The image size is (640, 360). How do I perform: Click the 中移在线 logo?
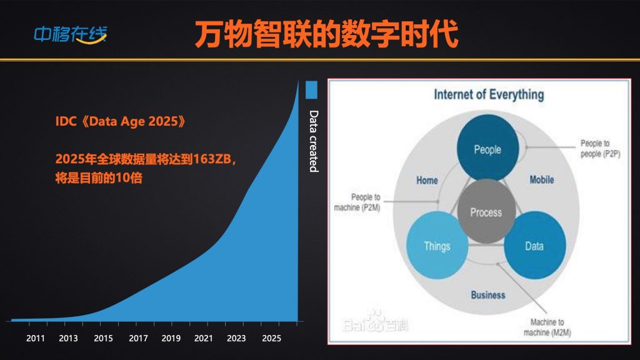coord(70,34)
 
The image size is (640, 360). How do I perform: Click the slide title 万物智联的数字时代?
coord(326,34)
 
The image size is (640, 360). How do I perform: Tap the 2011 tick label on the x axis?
coord(36,338)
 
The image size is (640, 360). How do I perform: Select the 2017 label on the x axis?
coord(138,338)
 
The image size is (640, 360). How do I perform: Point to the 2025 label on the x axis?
coord(271,338)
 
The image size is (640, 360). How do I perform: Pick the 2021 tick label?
coord(203,338)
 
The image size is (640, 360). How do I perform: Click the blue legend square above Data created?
coord(311,90)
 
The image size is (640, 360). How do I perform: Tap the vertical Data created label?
coord(313,141)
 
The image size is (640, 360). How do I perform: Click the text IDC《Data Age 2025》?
coord(121,121)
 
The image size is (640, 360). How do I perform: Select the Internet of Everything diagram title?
coord(489,95)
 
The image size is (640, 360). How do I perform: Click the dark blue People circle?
coord(487,147)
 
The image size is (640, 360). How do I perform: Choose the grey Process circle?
coord(486,211)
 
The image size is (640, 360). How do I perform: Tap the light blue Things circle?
coord(437,245)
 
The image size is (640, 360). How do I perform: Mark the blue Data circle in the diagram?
coord(535,245)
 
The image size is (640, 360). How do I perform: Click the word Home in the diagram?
coord(427,181)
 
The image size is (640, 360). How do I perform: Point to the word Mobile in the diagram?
coord(542,179)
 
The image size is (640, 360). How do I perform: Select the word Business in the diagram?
coord(487,295)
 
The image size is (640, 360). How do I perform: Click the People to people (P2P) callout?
coord(601,149)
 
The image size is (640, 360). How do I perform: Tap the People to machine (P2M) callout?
coord(357,202)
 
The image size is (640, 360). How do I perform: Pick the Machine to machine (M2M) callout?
coord(547,327)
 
